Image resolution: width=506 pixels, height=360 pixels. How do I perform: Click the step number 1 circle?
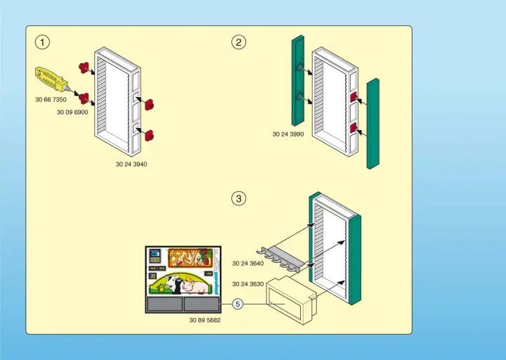pos(44,42)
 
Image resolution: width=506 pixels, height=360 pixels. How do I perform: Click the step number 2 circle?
pos(239,42)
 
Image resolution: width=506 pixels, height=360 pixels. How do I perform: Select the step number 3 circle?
pos(239,199)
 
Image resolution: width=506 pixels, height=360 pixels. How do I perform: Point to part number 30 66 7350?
pos(51,100)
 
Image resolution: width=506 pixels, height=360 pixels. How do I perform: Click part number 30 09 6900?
pos(72,112)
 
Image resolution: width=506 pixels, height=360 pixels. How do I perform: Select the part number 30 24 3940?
pos(131,164)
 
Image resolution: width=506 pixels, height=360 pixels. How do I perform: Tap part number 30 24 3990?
pos(288,134)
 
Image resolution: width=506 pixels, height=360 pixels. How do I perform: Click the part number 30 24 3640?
pos(248,264)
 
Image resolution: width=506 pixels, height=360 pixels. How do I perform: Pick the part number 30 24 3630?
pos(248,284)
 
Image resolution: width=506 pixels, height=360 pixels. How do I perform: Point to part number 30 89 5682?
pos(205,320)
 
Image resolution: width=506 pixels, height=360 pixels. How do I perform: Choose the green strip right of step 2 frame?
pos(373,123)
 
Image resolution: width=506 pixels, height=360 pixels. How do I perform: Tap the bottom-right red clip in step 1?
pos(149,135)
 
